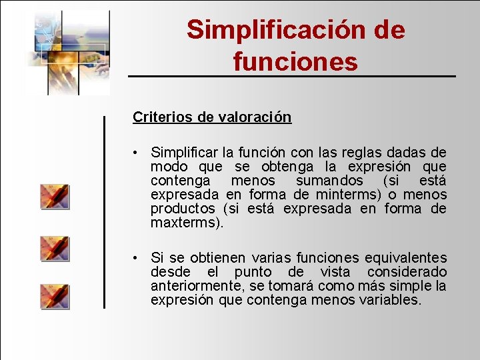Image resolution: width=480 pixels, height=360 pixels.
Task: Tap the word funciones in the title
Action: point(295,61)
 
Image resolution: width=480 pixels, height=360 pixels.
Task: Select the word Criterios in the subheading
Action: point(163,117)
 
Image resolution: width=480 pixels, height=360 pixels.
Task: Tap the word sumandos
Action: point(329,181)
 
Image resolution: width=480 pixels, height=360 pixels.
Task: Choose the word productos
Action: point(183,209)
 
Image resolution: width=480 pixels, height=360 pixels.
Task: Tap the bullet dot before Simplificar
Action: point(135,153)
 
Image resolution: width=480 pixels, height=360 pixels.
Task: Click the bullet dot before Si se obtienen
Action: point(135,258)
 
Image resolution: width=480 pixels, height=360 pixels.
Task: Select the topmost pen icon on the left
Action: point(55,197)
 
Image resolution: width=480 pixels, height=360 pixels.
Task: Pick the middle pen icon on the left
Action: point(55,248)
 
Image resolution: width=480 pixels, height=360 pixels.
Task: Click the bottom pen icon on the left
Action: point(55,296)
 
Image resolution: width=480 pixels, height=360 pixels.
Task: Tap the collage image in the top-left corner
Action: point(67,52)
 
